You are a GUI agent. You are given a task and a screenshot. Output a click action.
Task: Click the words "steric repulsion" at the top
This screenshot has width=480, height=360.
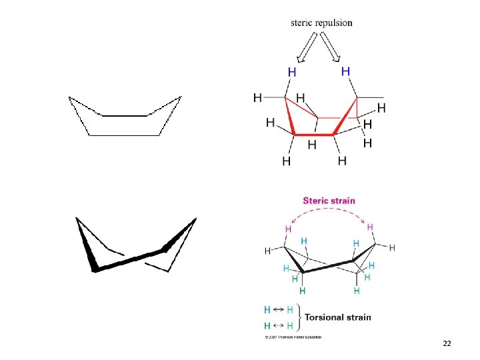coord(322,23)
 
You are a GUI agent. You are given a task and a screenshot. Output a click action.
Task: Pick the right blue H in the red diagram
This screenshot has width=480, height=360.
coord(345,71)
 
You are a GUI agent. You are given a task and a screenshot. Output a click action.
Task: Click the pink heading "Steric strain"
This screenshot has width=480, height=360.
coord(329,201)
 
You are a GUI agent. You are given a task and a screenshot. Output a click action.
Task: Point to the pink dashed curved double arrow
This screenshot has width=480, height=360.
coord(329,211)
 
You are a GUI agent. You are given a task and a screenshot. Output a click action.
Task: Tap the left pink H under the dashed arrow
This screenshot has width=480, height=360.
coord(288,229)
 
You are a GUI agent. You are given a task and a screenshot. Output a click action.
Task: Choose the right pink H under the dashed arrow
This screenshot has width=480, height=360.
coord(370,227)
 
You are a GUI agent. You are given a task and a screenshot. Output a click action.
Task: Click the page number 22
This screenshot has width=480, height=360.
coord(447,343)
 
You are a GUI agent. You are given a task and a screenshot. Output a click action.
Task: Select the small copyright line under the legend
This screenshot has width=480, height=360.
coord(293,337)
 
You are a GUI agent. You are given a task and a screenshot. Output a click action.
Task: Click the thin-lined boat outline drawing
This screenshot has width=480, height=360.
coord(125,117)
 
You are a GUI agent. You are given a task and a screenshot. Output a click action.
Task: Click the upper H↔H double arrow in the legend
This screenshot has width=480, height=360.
coord(279,310)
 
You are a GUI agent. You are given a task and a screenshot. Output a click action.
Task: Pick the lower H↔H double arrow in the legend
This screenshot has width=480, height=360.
coord(279,326)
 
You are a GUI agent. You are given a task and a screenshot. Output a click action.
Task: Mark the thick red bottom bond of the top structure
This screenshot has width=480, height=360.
coord(313,135)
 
